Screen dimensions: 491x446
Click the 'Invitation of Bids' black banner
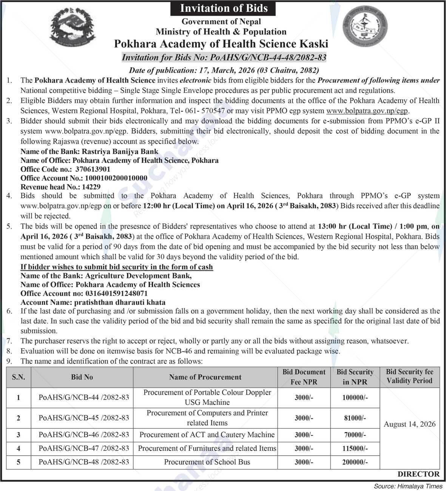click(223, 8)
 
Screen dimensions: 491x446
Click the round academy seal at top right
click(365, 29)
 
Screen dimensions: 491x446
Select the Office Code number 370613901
click(93, 169)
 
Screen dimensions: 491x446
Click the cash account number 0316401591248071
click(116, 293)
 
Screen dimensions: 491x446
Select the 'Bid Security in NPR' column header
click(355, 377)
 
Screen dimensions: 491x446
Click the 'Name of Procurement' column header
click(205, 377)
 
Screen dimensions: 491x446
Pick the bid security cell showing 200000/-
click(355, 462)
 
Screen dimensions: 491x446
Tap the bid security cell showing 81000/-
click(355, 418)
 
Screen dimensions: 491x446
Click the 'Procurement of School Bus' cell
click(207, 462)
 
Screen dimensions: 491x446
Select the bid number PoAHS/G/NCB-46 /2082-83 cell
click(83, 435)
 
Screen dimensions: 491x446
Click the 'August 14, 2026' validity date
click(409, 424)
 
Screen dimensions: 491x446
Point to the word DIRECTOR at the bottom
click(418, 474)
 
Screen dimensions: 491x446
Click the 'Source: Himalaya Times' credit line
click(408, 486)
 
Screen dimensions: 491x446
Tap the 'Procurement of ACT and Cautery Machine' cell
click(207, 435)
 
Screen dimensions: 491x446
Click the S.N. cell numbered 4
click(18, 449)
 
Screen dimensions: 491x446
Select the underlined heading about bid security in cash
click(116, 267)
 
